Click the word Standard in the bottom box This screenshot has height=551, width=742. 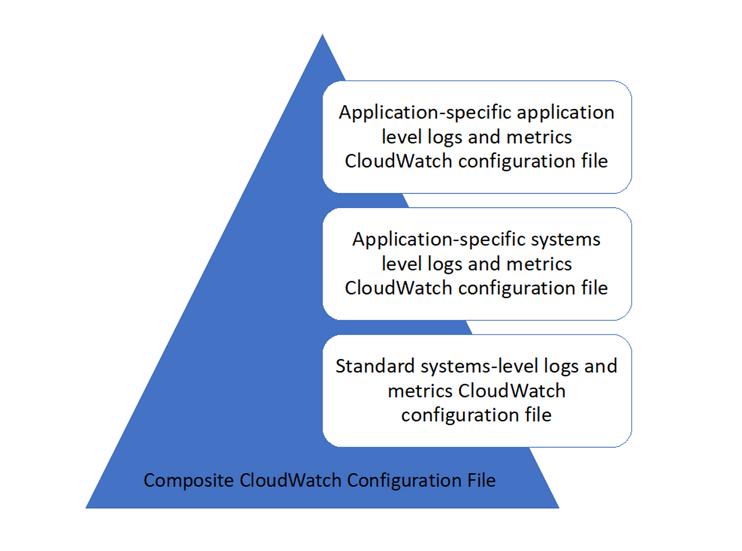(x=375, y=366)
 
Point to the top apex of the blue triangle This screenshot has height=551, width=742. (x=322, y=34)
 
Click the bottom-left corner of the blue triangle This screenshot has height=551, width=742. (x=86, y=508)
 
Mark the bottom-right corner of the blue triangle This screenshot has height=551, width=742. (x=559, y=508)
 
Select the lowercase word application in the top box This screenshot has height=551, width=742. (x=566, y=113)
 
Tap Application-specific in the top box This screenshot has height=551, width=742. (x=425, y=113)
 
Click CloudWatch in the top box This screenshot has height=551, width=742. (x=398, y=161)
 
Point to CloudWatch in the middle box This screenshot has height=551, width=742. (x=398, y=288)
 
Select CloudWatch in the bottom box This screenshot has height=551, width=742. (x=511, y=391)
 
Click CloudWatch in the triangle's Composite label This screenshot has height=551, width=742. (x=290, y=480)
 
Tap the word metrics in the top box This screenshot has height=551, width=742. (x=539, y=137)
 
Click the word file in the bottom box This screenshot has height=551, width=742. (x=538, y=415)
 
